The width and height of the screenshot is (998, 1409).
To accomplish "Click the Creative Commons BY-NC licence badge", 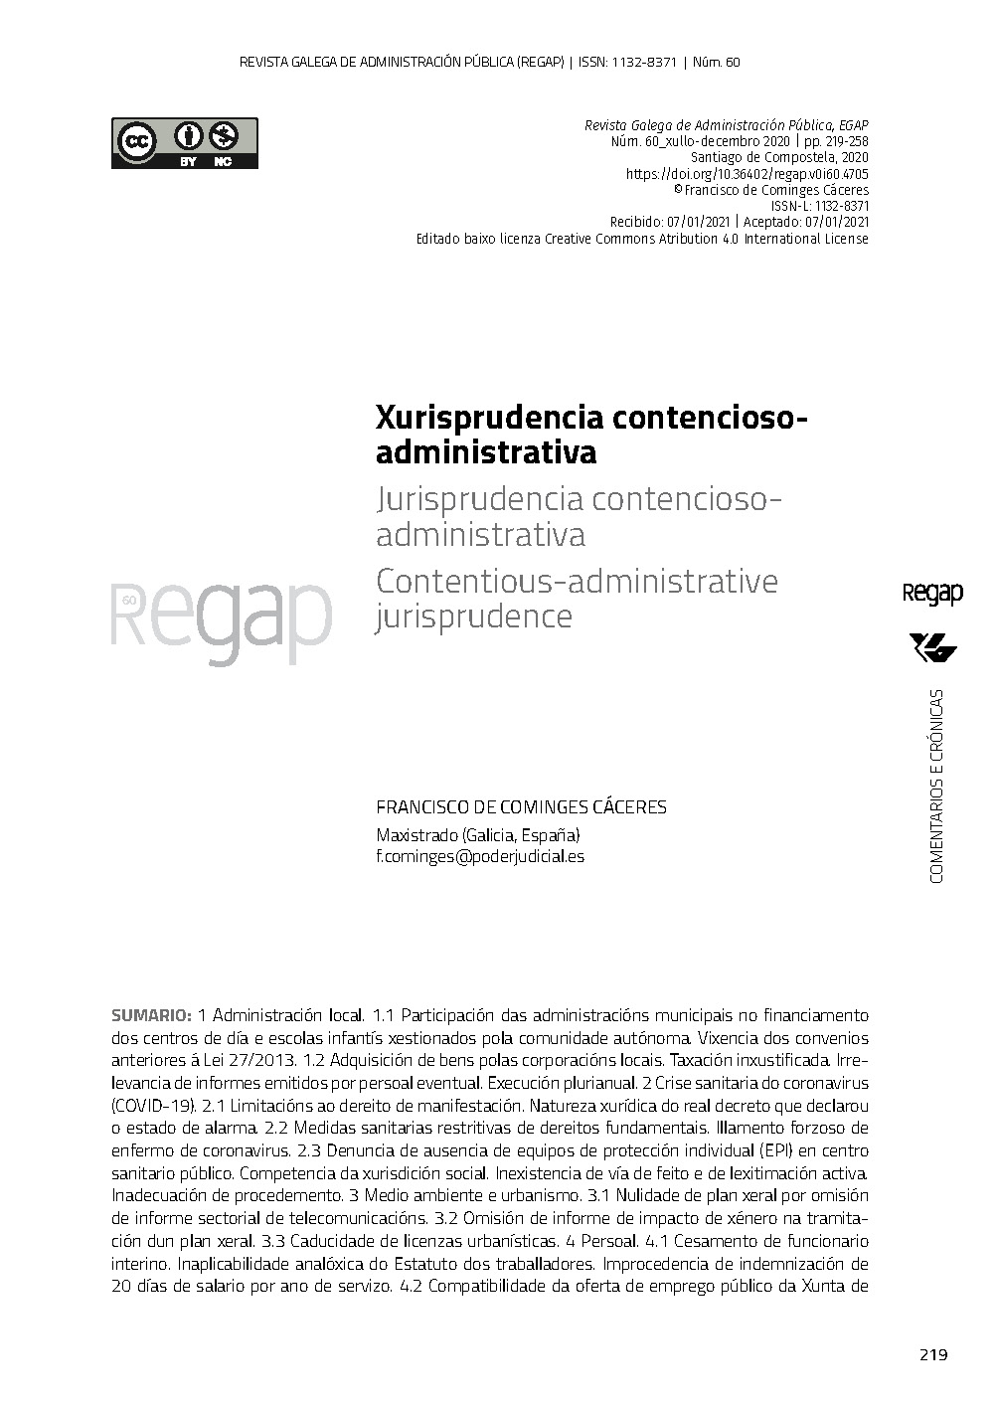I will (x=184, y=143).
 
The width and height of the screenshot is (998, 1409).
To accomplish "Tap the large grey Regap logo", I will (x=221, y=618).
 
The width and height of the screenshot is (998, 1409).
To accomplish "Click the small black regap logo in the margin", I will (x=931, y=594).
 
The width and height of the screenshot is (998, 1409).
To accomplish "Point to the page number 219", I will (x=933, y=1354).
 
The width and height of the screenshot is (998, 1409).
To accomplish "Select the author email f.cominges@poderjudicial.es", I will (x=480, y=856).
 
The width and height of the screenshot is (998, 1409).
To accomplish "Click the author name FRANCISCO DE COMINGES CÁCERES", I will (x=521, y=807).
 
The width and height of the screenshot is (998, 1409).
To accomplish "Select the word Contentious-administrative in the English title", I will (x=577, y=581).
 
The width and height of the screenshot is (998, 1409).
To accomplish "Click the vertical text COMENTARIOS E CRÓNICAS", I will (x=935, y=785).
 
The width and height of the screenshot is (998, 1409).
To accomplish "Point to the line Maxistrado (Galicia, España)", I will (x=477, y=834).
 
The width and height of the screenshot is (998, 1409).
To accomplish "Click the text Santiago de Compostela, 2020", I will (x=779, y=158).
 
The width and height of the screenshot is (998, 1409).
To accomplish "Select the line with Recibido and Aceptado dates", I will (x=739, y=222).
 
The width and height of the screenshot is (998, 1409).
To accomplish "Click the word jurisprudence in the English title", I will (x=473, y=617).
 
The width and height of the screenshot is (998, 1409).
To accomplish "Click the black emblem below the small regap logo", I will (x=932, y=647).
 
